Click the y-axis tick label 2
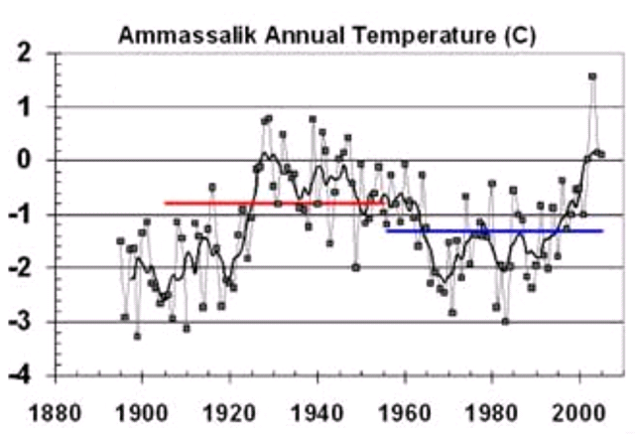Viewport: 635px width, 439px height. (x=34, y=54)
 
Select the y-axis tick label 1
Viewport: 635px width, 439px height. (x=34, y=107)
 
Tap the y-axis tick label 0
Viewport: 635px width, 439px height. (x=34, y=161)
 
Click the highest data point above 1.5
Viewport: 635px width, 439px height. (x=592, y=76)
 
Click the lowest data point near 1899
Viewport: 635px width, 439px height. (x=138, y=336)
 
